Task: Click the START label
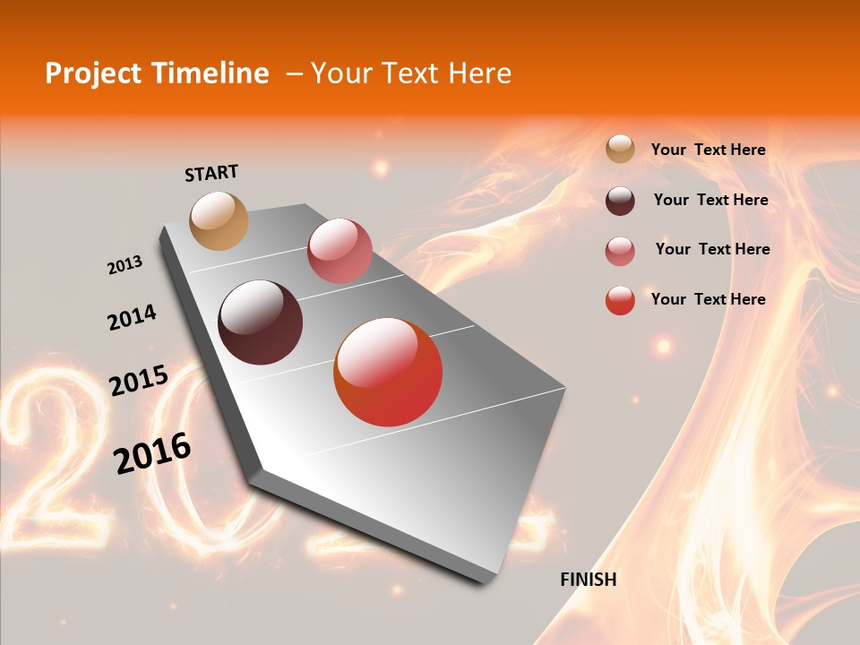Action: pos(211,173)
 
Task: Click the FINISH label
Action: pos(589,580)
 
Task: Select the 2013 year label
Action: pos(125,265)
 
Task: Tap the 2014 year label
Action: pos(132,318)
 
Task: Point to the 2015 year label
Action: pos(139,381)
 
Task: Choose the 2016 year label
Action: pos(152,452)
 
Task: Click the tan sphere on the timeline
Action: pos(219,220)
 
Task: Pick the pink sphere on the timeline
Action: pos(340,251)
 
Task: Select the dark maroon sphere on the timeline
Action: pos(260,322)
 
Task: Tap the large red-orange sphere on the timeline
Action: pos(388,372)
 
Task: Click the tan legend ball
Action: pos(620,150)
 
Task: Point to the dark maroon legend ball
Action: pos(620,201)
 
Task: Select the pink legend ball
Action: pos(620,251)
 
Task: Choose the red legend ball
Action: pos(620,300)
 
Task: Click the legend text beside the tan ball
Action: pos(708,150)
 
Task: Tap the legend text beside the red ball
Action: pos(708,299)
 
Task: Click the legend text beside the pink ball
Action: pos(712,249)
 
